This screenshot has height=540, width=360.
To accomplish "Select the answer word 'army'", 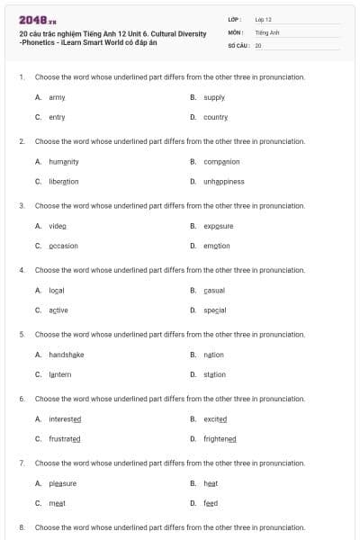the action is tap(57, 97).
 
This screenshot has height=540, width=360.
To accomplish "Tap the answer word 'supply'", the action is tap(214, 97).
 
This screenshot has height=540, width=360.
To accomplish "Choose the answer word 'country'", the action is tap(215, 117).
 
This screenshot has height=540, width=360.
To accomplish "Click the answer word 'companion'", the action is tap(221, 161).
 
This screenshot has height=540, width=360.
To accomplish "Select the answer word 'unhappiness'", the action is tap(223, 181).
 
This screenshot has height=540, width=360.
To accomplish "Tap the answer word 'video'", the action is tap(58, 226).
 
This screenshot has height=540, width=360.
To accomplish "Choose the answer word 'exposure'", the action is tap(218, 226).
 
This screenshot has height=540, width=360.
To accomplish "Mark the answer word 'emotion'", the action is tap(216, 246).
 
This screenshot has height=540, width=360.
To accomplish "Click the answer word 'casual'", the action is tap(214, 290).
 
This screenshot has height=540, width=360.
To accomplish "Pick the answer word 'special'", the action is tap(214, 310).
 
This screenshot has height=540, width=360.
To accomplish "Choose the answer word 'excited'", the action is tap(215, 418).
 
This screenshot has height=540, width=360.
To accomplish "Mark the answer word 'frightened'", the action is tap(220, 438).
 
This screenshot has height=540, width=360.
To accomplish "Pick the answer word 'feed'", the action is tap(211, 503).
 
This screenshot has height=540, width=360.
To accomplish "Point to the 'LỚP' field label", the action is tap(235, 19).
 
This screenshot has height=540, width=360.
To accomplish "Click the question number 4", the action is tap(22, 269).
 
